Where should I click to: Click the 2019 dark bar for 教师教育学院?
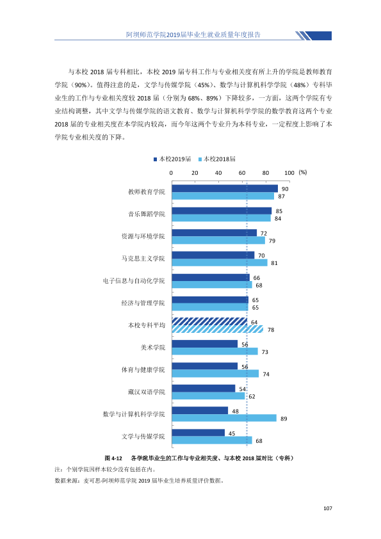point(225,188)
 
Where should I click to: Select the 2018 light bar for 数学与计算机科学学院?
point(224,418)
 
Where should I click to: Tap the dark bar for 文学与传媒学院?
point(199,433)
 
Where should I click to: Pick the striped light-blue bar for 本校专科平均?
point(218,329)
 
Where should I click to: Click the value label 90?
point(285,189)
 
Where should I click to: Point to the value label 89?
point(284,419)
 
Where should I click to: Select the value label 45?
point(232,433)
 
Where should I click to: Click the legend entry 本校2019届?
point(172,159)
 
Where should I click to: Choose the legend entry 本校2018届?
point(217,159)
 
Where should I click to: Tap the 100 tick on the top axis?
point(289,173)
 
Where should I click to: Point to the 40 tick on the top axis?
point(218,173)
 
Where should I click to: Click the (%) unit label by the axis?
point(303,172)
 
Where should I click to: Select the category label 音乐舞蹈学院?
point(147,214)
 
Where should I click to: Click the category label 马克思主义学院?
point(143,259)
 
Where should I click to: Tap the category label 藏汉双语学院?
point(147,392)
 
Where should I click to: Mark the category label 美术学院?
point(152,348)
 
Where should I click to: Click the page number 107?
point(328,508)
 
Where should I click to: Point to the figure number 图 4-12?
point(113,458)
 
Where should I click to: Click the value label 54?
point(243,389)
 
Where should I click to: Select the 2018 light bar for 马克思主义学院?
point(220,262)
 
